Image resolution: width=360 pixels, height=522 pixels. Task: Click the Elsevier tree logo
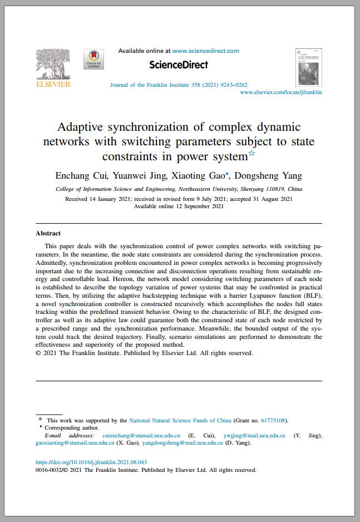(53, 65)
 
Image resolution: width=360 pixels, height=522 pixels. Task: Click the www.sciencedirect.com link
(205, 51)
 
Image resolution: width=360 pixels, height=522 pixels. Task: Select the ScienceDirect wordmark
(178, 65)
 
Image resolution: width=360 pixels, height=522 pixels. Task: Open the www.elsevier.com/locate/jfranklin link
(280, 92)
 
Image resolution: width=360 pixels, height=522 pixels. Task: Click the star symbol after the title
(251, 153)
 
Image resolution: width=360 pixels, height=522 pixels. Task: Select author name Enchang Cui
(81, 176)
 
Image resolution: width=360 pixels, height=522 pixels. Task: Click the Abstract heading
(48, 233)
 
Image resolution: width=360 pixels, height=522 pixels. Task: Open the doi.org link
(91, 462)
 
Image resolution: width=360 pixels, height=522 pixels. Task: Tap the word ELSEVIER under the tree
(53, 85)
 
